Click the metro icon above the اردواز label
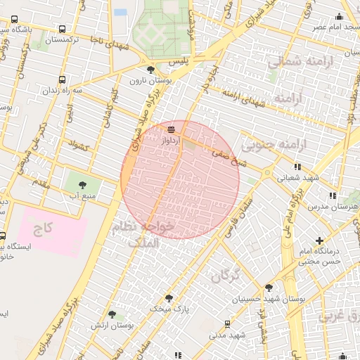(172, 130)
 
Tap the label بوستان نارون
(146, 80)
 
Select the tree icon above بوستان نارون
(150, 69)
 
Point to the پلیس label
(161, 63)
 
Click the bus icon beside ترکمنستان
(63, 30)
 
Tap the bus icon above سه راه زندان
(63, 79)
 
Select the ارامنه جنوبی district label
(276, 146)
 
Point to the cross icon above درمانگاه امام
(320, 241)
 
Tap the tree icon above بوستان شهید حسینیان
(269, 288)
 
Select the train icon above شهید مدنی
(226, 324)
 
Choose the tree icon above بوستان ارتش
(112, 314)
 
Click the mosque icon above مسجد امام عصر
(340, 16)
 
